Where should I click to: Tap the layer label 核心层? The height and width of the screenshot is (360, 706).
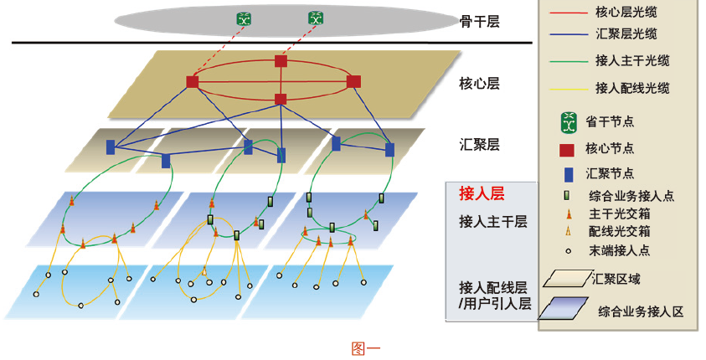[480, 84]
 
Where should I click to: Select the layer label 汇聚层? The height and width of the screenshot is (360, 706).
[480, 144]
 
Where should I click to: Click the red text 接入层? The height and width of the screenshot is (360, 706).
[482, 193]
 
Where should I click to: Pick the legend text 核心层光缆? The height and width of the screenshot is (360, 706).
[626, 13]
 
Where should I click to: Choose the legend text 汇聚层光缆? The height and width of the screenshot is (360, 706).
[626, 34]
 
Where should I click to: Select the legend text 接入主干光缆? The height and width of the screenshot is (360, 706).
[631, 61]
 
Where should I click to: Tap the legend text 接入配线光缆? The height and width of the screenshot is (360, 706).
[631, 87]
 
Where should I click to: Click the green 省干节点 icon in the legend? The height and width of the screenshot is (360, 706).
[569, 121]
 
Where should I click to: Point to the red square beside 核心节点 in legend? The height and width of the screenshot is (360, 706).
[567, 149]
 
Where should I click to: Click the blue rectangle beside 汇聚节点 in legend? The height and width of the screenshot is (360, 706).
[567, 174]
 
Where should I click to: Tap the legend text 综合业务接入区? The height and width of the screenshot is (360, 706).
[641, 311]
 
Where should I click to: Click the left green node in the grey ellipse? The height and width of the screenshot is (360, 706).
[245, 18]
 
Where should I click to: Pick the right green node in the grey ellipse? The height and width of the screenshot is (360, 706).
[315, 18]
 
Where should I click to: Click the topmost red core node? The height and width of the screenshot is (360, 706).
[281, 61]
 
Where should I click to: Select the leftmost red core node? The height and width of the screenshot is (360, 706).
[193, 81]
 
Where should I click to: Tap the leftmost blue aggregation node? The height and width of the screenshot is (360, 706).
[111, 147]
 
